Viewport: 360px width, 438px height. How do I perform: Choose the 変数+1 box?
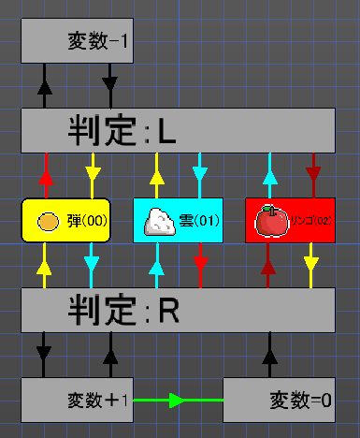[77, 401]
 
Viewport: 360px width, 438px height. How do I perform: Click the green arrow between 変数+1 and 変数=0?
[178, 401]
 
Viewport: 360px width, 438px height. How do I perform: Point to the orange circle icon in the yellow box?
[48, 222]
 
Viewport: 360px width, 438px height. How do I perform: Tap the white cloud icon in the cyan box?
[159, 221]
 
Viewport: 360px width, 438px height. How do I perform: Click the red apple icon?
[271, 221]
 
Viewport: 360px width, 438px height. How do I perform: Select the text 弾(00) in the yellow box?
[88, 222]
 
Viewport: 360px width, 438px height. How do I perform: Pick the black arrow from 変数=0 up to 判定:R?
[270, 357]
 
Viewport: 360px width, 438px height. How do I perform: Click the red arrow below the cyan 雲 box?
[200, 265]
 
